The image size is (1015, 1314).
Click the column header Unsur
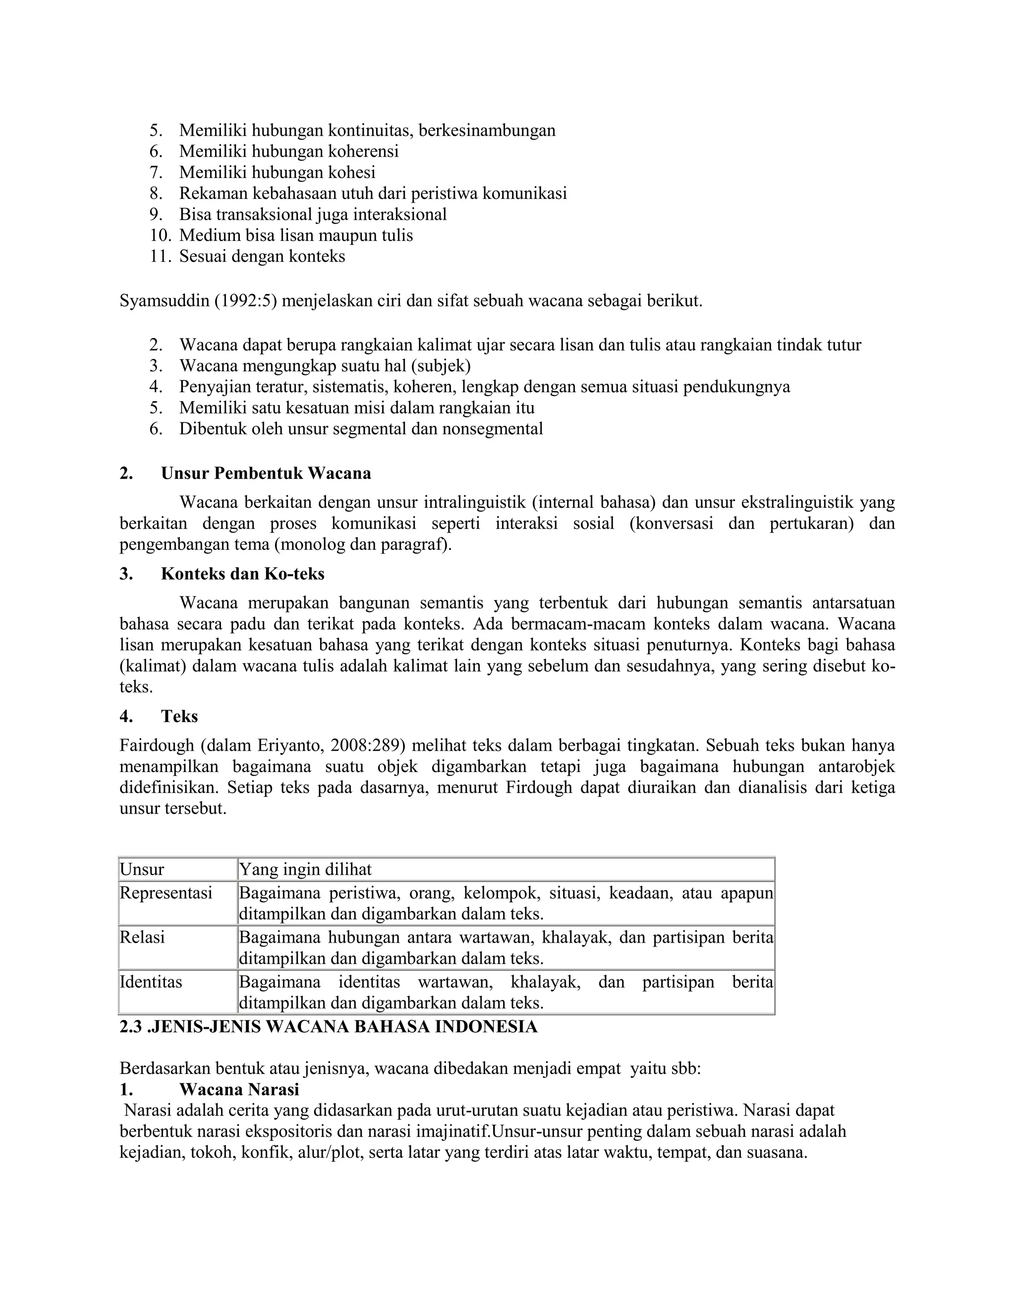click(142, 869)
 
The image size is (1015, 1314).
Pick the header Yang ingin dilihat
click(305, 869)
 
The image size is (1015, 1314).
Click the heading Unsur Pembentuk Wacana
click(266, 474)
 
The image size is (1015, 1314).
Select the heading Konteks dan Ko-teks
click(242, 574)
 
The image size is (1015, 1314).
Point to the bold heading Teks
click(179, 717)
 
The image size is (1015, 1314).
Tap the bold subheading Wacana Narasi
click(239, 1089)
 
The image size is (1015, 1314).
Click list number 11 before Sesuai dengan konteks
click(161, 256)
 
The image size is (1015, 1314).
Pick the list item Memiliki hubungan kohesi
click(277, 173)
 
